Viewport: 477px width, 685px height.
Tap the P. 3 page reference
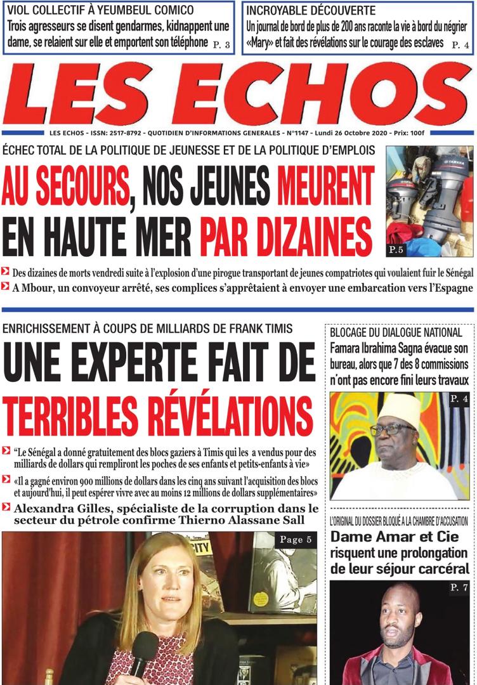click(221, 44)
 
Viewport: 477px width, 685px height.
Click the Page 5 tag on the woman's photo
click(294, 540)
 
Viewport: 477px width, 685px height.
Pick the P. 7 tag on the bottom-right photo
click(459, 588)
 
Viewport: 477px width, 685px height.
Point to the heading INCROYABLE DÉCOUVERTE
click(311, 11)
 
